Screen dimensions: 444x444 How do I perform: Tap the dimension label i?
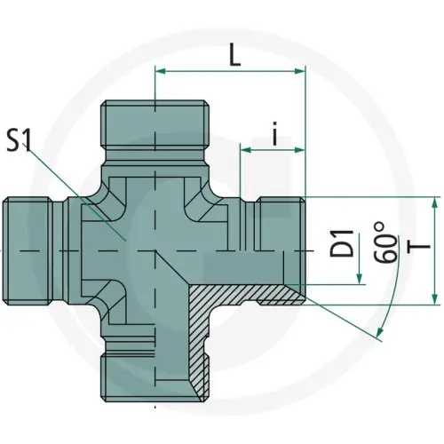coord(275,133)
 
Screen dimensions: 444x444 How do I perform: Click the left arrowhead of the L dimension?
coord(162,71)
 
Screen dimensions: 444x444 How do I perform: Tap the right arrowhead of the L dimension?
coord(298,71)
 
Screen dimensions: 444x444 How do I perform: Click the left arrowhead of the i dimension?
coord(246,150)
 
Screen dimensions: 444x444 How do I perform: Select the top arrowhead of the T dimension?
coord(434,202)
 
